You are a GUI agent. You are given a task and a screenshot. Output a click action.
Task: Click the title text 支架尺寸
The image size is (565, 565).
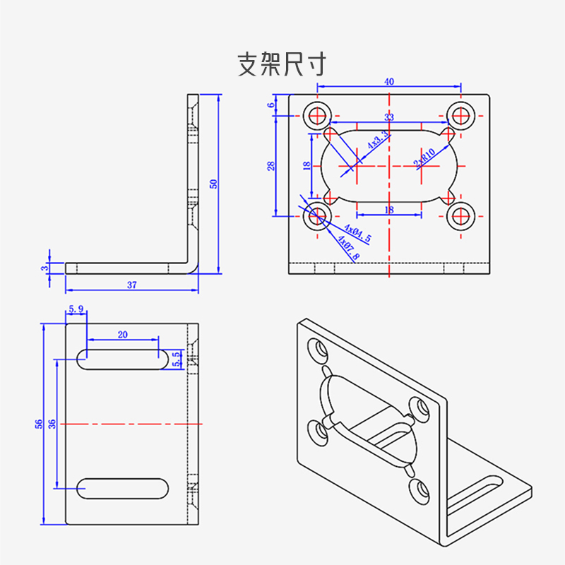[282, 65]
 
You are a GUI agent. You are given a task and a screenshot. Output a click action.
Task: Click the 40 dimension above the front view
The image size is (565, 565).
[389, 81]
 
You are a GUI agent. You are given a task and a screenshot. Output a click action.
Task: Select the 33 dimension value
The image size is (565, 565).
[389, 117]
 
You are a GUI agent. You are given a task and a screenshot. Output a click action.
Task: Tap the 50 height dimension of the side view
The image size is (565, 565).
[213, 184]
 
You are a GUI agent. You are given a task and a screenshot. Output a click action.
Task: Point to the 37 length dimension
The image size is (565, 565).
[132, 285]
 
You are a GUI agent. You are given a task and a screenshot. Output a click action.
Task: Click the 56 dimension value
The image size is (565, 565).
[40, 424]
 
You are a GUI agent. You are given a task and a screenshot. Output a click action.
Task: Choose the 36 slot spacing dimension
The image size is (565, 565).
[52, 424]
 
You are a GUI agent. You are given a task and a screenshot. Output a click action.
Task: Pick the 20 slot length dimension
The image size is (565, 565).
[123, 335]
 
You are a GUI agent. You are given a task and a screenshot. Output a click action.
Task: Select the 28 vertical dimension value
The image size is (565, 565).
[270, 166]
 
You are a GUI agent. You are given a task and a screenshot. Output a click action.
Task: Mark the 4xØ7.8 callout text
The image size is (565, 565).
[348, 249]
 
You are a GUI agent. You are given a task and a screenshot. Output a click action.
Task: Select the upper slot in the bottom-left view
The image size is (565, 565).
[124, 359]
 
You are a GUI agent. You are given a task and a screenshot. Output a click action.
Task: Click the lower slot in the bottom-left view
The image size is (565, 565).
[124, 488]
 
